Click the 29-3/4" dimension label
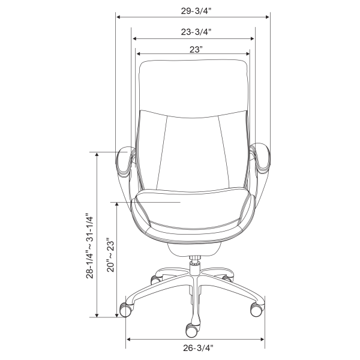point(196,11)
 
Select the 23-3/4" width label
point(196,32)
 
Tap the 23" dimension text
point(196,50)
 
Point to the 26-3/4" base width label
point(198,348)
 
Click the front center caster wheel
point(192,331)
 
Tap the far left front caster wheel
point(126,310)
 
